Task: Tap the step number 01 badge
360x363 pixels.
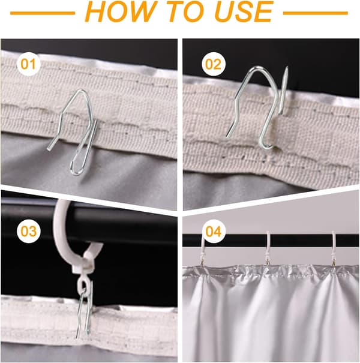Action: point(29,64)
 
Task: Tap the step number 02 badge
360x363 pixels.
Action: point(213,64)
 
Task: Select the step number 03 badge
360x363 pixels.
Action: point(29,231)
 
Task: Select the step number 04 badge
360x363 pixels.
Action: point(213,231)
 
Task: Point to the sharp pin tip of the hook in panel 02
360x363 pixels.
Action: point(287,67)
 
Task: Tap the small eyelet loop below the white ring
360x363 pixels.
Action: point(83,284)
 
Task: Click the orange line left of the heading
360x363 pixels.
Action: point(43,13)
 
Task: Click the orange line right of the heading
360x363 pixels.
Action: point(316,13)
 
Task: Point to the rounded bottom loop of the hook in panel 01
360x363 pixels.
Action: point(76,172)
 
